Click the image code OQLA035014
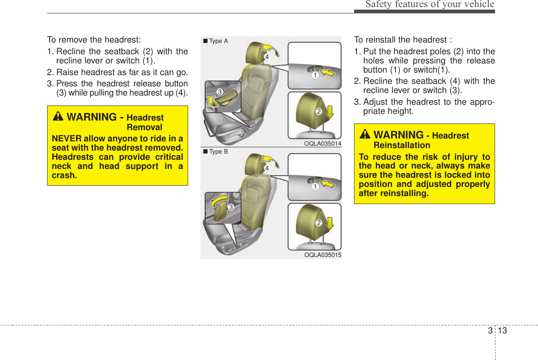click(x=322, y=143)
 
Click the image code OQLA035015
click(x=322, y=254)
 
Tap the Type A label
click(x=216, y=41)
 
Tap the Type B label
click(x=216, y=151)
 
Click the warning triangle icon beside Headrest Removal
click(x=58, y=117)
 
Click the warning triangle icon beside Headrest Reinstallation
click(x=365, y=134)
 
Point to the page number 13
click(x=502, y=331)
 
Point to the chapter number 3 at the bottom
click(x=489, y=331)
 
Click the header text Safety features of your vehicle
click(x=430, y=5)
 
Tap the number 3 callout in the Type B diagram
click(x=230, y=206)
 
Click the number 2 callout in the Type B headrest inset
click(x=319, y=223)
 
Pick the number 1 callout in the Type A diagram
click(x=316, y=76)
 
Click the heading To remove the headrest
click(x=94, y=40)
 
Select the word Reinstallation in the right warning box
click(x=402, y=145)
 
